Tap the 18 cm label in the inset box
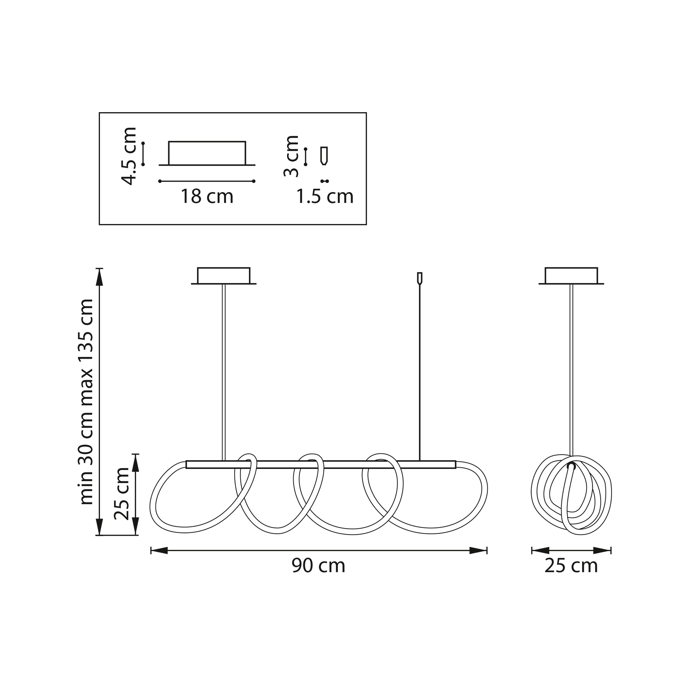point(207,197)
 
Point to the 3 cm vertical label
point(291,156)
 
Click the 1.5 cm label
point(325,197)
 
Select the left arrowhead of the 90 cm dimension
point(160,550)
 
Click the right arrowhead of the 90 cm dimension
point(478,550)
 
